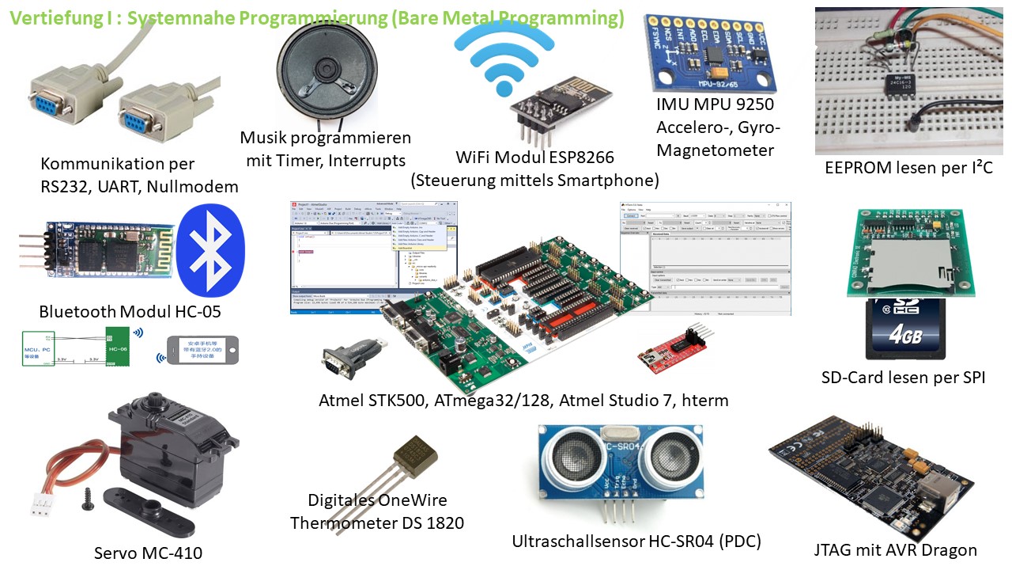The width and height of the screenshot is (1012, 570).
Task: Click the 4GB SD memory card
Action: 905,328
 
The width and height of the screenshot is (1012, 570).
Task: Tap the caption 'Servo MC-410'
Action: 148,553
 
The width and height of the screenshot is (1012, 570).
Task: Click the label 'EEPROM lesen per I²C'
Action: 908,168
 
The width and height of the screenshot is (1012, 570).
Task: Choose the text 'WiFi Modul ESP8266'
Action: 534,157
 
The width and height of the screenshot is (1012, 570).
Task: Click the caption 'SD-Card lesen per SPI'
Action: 903,378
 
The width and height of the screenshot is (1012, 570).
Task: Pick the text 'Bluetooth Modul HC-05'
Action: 130,311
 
